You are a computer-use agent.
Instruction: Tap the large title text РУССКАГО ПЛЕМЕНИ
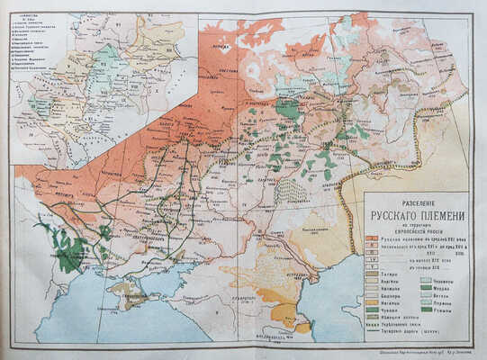point(417,215)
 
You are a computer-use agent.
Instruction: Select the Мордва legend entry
point(441,289)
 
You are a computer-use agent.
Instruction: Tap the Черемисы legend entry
point(441,281)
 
